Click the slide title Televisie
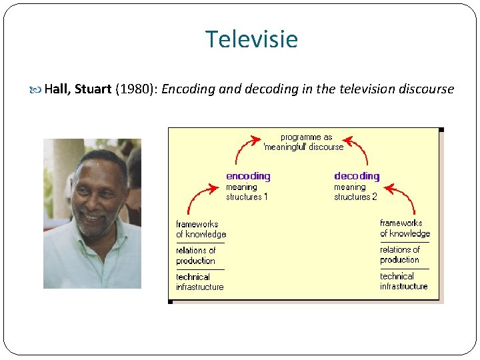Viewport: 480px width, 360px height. [251, 40]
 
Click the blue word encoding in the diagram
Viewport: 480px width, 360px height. [248, 176]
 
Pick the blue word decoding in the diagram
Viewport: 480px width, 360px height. [357, 176]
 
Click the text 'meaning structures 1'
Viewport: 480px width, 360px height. [247, 192]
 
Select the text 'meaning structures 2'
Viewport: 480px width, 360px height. [355, 192]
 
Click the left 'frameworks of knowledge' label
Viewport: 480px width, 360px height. [201, 229]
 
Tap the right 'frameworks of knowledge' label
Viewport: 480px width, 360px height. [405, 229]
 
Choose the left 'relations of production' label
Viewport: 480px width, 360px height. [195, 255]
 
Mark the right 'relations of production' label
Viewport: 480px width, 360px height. [400, 255]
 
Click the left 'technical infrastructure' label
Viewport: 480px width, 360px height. [199, 282]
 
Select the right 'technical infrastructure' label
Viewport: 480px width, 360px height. [403, 281]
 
